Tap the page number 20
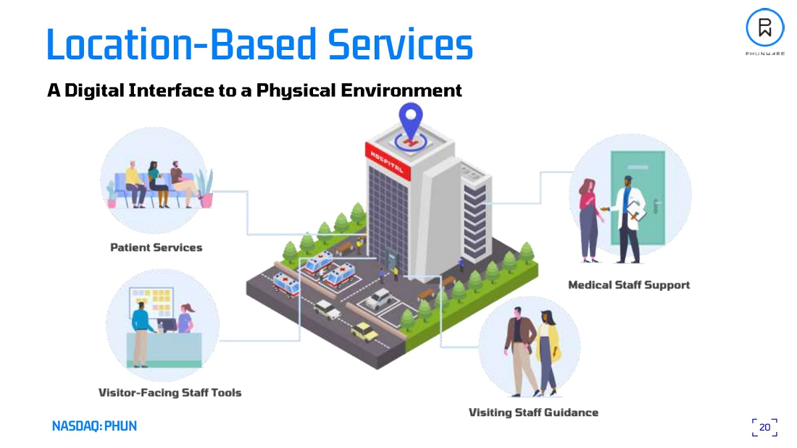pos(764,427)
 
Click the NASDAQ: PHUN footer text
pos(94,426)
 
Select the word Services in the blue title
pos(400,45)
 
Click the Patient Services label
pos(156,248)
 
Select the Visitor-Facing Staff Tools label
pos(170,392)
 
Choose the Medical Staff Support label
pos(628,284)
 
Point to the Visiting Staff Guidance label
pos(533,413)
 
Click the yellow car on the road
pos(364,331)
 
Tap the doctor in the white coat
pos(627,217)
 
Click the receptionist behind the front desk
pos(185,318)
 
